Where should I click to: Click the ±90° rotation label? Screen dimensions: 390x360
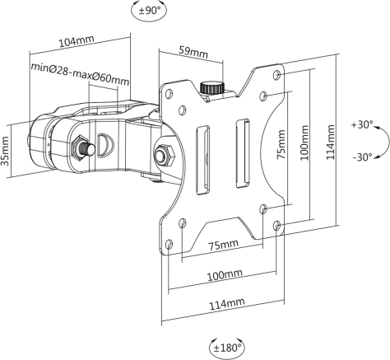coord(149,11)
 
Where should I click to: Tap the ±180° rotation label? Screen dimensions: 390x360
coord(227,348)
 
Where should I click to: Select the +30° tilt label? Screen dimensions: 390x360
coord(362,125)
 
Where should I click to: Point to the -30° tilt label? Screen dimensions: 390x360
coord(363,157)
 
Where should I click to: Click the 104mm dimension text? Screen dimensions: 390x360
coord(77,41)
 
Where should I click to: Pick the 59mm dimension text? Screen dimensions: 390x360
coord(193,52)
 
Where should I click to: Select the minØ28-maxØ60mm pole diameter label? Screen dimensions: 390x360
coord(80,74)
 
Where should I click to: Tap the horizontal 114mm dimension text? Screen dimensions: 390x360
coord(227,304)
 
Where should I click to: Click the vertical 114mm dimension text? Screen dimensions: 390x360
coord(331,142)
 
